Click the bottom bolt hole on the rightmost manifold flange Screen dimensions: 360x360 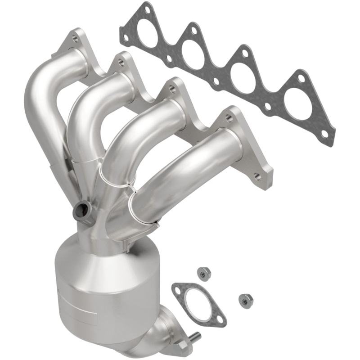258,176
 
